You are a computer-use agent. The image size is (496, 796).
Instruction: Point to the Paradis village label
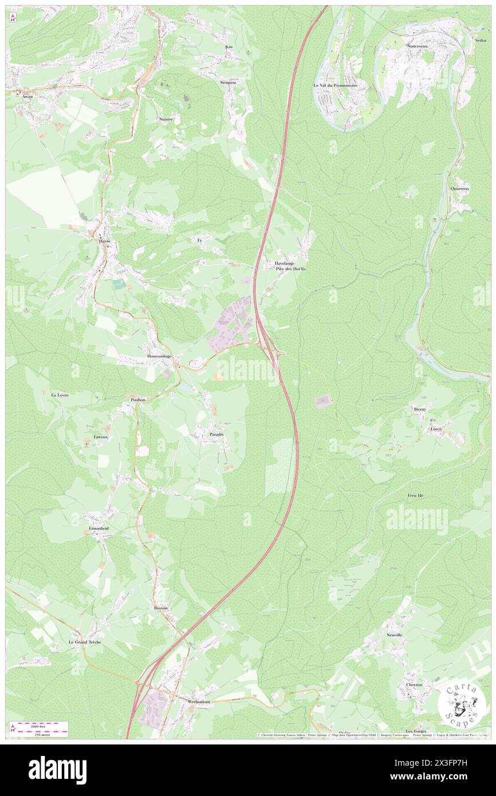(216, 435)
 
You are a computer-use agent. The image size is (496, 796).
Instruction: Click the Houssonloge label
(159, 356)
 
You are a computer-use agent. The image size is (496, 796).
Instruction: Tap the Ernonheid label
(99, 528)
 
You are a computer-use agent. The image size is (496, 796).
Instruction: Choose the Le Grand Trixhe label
(85, 642)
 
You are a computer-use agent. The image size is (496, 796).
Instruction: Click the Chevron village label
(414, 684)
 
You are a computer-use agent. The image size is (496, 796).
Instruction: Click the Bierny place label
(420, 409)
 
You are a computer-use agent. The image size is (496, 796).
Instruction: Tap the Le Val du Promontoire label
(335, 85)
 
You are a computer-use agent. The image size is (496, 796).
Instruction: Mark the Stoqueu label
(228, 82)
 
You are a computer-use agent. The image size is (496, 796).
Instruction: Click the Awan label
(27, 97)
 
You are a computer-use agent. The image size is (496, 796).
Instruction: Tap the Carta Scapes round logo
(462, 704)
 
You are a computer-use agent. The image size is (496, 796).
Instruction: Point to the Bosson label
(160, 607)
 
